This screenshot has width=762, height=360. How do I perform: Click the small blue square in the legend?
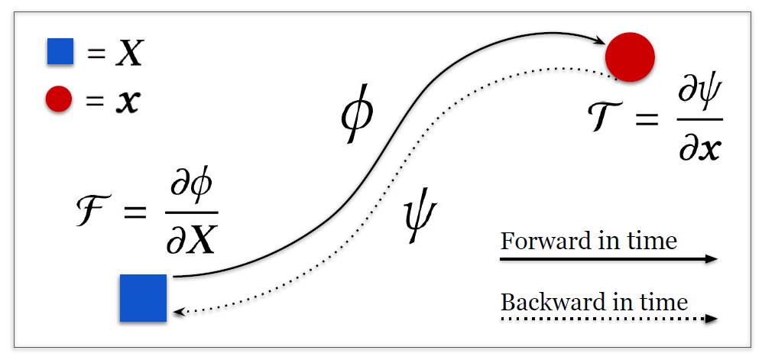[x=60, y=51]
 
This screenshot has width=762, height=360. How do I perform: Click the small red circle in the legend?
[x=59, y=99]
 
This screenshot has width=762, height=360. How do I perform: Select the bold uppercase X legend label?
[x=130, y=54]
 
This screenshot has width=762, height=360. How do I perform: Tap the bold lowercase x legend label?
[x=127, y=102]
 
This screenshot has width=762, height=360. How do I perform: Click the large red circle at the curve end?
[x=630, y=57]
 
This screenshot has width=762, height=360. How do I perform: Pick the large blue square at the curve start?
[x=144, y=298]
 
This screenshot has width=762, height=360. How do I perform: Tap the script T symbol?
[x=608, y=119]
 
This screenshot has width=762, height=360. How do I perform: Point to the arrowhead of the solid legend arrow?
[x=712, y=259]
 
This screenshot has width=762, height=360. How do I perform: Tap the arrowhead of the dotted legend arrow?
[x=712, y=319]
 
